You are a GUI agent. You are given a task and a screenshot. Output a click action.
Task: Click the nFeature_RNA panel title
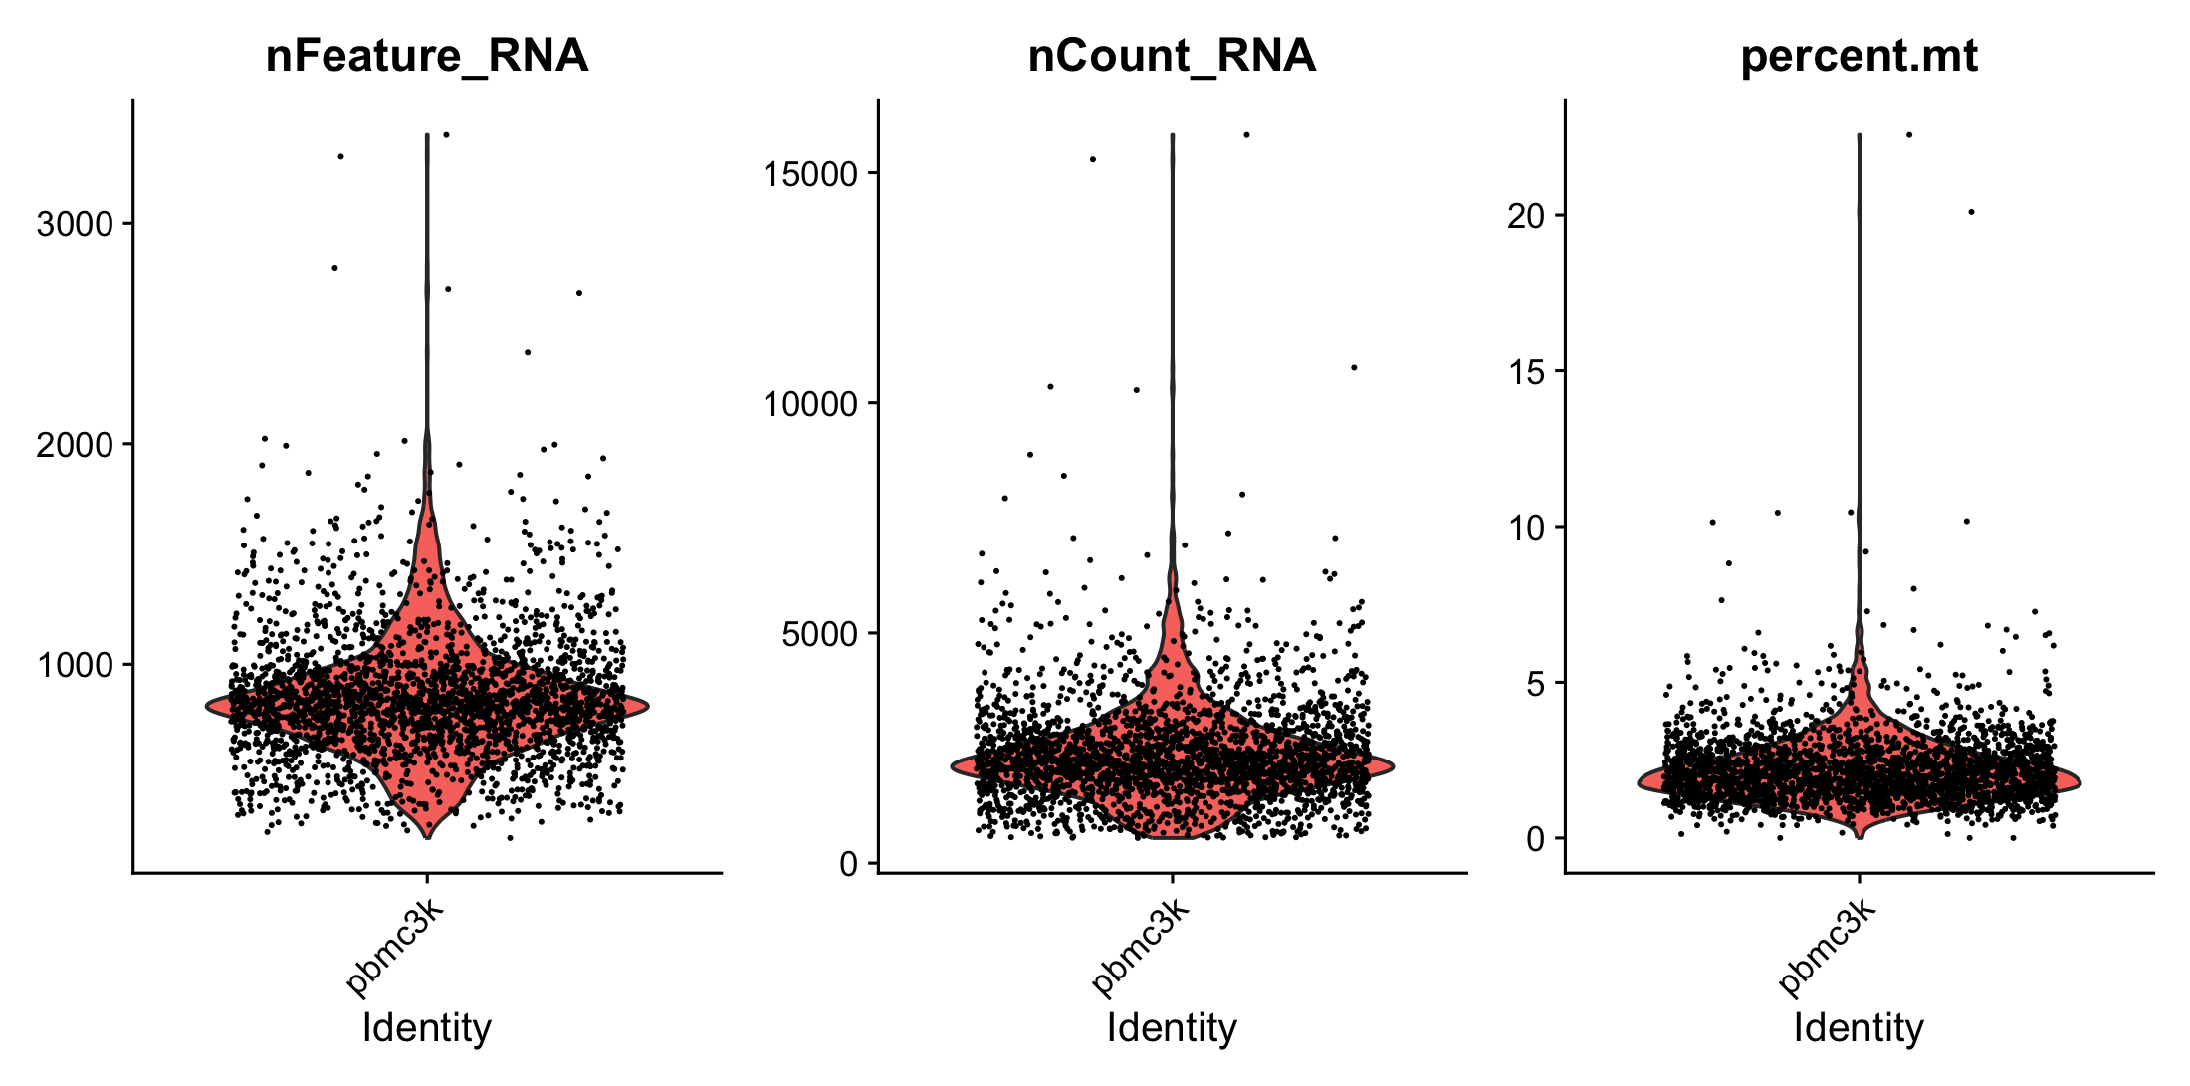tap(426, 56)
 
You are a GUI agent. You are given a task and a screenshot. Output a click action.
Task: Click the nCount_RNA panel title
tap(1172, 56)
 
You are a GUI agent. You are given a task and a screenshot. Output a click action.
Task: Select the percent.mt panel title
tap(1859, 56)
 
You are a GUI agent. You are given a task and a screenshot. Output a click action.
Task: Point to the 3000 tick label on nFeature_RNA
tap(75, 224)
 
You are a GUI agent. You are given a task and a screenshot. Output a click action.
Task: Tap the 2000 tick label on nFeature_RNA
tap(75, 445)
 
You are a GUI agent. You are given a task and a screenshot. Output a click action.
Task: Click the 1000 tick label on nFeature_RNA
tap(75, 665)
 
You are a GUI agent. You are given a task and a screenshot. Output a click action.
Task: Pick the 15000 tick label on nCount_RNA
tap(809, 174)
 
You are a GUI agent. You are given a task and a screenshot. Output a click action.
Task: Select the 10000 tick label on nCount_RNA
tap(809, 404)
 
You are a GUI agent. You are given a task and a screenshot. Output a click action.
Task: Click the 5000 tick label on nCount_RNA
tap(819, 634)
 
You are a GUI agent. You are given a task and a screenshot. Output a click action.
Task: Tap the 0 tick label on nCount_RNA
tap(849, 864)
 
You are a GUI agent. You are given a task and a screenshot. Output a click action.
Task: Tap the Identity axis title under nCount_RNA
tap(1172, 1027)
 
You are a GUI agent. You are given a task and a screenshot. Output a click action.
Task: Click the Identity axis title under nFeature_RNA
tap(426, 1027)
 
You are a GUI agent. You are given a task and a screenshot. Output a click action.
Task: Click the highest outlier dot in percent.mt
tap(1909, 134)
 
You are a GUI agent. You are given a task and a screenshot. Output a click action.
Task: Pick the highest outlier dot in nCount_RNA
tap(1246, 134)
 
